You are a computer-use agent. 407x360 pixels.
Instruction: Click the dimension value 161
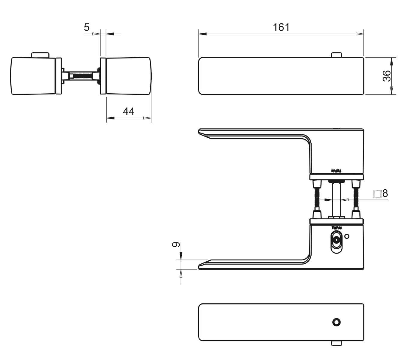pos(281,27)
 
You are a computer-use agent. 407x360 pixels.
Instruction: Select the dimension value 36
pos(387,76)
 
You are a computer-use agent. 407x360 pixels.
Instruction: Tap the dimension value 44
pos(129,111)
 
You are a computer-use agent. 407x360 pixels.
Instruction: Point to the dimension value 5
pos(86,27)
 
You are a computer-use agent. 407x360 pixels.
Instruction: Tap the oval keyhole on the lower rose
pos(336,240)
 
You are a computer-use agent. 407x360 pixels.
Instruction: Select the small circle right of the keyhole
pos(347,236)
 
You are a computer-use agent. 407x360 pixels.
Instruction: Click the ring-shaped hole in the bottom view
pos(337,322)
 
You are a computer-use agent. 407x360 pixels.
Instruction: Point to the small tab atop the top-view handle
pos(336,55)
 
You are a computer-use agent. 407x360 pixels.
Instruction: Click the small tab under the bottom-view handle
pos(336,343)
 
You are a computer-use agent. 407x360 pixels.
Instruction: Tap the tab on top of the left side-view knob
pos(40,55)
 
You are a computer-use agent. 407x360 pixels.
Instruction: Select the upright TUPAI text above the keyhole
pos(336,228)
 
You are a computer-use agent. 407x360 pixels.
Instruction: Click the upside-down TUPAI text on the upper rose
pos(336,171)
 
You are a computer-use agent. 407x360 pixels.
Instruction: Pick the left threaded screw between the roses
pos(317,199)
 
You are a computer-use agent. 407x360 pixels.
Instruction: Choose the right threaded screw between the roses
pos(356,199)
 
